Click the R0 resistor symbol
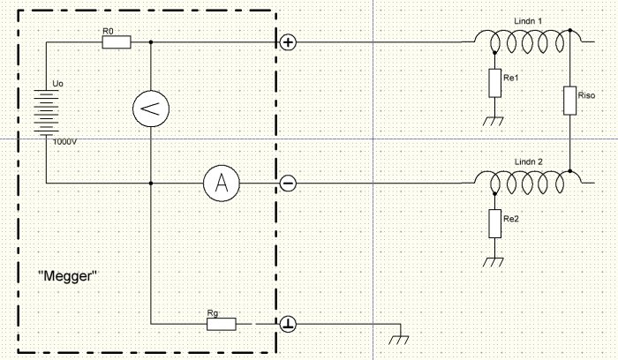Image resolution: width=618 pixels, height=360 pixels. pyautogui.click(x=117, y=42)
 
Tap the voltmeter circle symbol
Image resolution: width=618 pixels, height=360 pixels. pyautogui.click(x=151, y=109)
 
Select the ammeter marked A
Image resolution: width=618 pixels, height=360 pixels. pyautogui.click(x=222, y=184)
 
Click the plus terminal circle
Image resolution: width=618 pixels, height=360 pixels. pyautogui.click(x=288, y=42)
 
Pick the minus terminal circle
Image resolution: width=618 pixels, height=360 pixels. pyautogui.click(x=288, y=184)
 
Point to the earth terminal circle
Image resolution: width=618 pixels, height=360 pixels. pyautogui.click(x=288, y=324)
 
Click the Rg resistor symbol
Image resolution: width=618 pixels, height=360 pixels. pyautogui.click(x=222, y=324)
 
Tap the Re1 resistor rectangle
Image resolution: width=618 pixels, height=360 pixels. pyautogui.click(x=495, y=83)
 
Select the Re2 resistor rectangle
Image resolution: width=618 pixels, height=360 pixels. pyautogui.click(x=495, y=224)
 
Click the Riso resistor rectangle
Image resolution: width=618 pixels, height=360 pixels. pyautogui.click(x=570, y=101)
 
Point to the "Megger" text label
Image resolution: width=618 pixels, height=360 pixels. pyautogui.click(x=67, y=275)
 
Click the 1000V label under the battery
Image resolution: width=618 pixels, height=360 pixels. pyautogui.click(x=65, y=142)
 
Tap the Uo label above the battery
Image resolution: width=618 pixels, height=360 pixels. pyautogui.click(x=57, y=84)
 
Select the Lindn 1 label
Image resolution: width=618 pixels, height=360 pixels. pyautogui.click(x=528, y=21)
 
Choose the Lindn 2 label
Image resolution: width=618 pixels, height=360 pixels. pyautogui.click(x=529, y=161)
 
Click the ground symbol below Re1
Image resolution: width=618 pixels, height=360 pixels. pyautogui.click(x=494, y=121)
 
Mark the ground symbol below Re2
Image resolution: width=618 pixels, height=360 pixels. pyautogui.click(x=494, y=262)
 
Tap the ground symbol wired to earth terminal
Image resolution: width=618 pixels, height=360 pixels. pyautogui.click(x=399, y=340)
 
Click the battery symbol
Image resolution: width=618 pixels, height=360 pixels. pyautogui.click(x=46, y=113)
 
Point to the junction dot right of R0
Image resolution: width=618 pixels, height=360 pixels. pyautogui.click(x=151, y=42)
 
